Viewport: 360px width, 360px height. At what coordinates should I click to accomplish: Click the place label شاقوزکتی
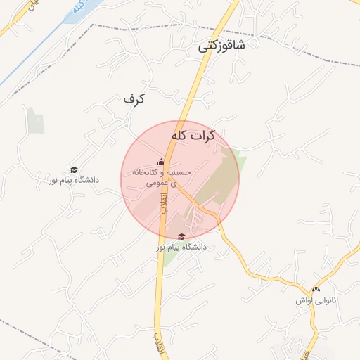point(221,46)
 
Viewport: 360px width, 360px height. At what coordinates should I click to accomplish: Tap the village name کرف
point(133,99)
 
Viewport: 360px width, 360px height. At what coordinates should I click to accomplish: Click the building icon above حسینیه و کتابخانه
point(161,162)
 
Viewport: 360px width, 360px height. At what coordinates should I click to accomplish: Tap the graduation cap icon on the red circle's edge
point(181,237)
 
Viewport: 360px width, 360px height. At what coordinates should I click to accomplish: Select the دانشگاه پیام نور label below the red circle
point(181,247)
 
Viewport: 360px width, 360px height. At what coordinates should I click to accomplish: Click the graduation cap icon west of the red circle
point(73,169)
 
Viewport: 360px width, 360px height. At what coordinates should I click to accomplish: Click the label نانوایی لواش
point(316,300)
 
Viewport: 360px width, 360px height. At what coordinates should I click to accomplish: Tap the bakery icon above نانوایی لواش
point(316,289)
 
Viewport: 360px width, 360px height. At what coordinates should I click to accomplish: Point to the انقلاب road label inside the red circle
point(163,204)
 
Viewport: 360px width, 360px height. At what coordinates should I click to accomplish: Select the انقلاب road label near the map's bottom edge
point(157,343)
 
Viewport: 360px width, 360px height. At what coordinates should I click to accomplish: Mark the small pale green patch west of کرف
point(34,121)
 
